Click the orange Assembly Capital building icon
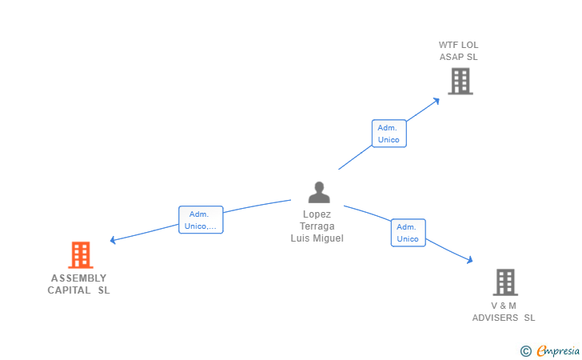pos(81,255)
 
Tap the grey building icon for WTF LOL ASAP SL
pos(460,81)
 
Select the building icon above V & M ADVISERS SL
pos(504,282)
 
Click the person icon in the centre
pos(319,192)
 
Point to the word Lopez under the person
pos(317,214)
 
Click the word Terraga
pos(317,226)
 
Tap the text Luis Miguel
pos(317,238)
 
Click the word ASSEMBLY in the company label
pos(78,278)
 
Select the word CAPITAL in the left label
pos(70,290)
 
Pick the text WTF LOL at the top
pos(459,45)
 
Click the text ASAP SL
pos(459,57)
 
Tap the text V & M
pos(504,306)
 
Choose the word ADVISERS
pos(496,318)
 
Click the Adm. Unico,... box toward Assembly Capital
pos(200,220)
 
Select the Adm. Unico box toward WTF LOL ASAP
pos(389,134)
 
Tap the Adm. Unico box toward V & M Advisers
pos(408,233)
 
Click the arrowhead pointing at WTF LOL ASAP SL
pos(436,101)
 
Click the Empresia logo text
pos(558,350)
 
